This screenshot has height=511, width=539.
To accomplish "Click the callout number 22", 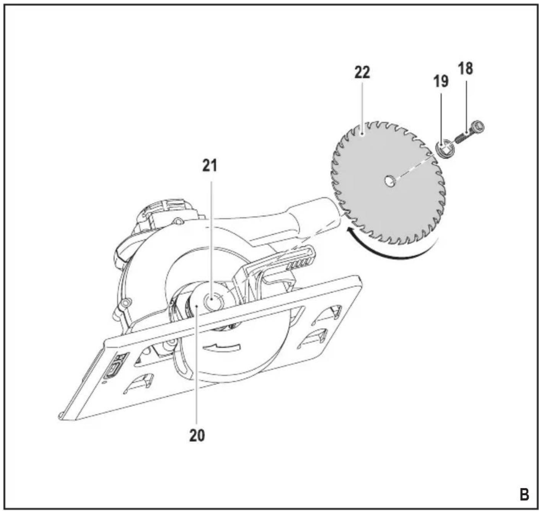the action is coord(362,72).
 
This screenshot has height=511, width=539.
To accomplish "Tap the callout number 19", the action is coord(441,82).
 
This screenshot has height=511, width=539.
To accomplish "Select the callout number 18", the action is coord(465,69).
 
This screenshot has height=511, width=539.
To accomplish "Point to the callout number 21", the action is coord(210,166).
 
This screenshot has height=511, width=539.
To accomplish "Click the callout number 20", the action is coord(197,435).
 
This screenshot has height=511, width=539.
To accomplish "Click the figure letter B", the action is coord(524,495).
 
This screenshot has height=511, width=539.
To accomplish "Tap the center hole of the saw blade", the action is coord(389,181).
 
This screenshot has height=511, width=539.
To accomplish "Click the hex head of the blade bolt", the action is coord(479,127).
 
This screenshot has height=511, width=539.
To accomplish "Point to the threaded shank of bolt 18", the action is coord(463,137).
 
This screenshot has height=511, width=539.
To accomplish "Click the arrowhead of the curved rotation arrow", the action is coord(350,230).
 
